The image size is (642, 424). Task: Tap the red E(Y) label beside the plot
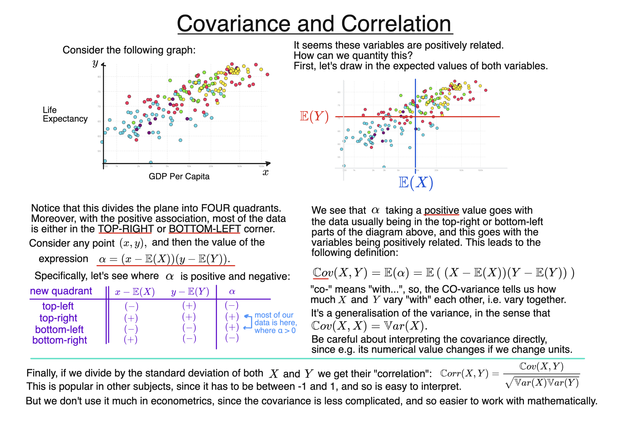pos(314,117)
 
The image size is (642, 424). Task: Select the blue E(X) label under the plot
pos(416,183)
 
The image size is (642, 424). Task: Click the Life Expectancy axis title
pos(65,114)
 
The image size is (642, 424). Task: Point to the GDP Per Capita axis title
pos(179,177)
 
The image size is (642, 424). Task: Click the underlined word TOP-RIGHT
pos(126,229)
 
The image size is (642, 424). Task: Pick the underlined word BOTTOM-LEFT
pos(204,229)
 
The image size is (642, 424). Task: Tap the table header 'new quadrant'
pos(61,291)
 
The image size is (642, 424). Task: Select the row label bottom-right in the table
pos(60,340)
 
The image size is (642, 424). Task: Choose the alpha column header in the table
pos(232,292)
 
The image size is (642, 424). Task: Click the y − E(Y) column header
pos(190,292)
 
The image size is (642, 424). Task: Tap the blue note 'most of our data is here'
pos(275,323)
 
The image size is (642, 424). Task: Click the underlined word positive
pos(441,210)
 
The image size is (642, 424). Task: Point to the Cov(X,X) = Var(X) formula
pos(369,326)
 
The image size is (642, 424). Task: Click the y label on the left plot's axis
pos(95,63)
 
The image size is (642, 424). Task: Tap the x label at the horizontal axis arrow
pos(265,172)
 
